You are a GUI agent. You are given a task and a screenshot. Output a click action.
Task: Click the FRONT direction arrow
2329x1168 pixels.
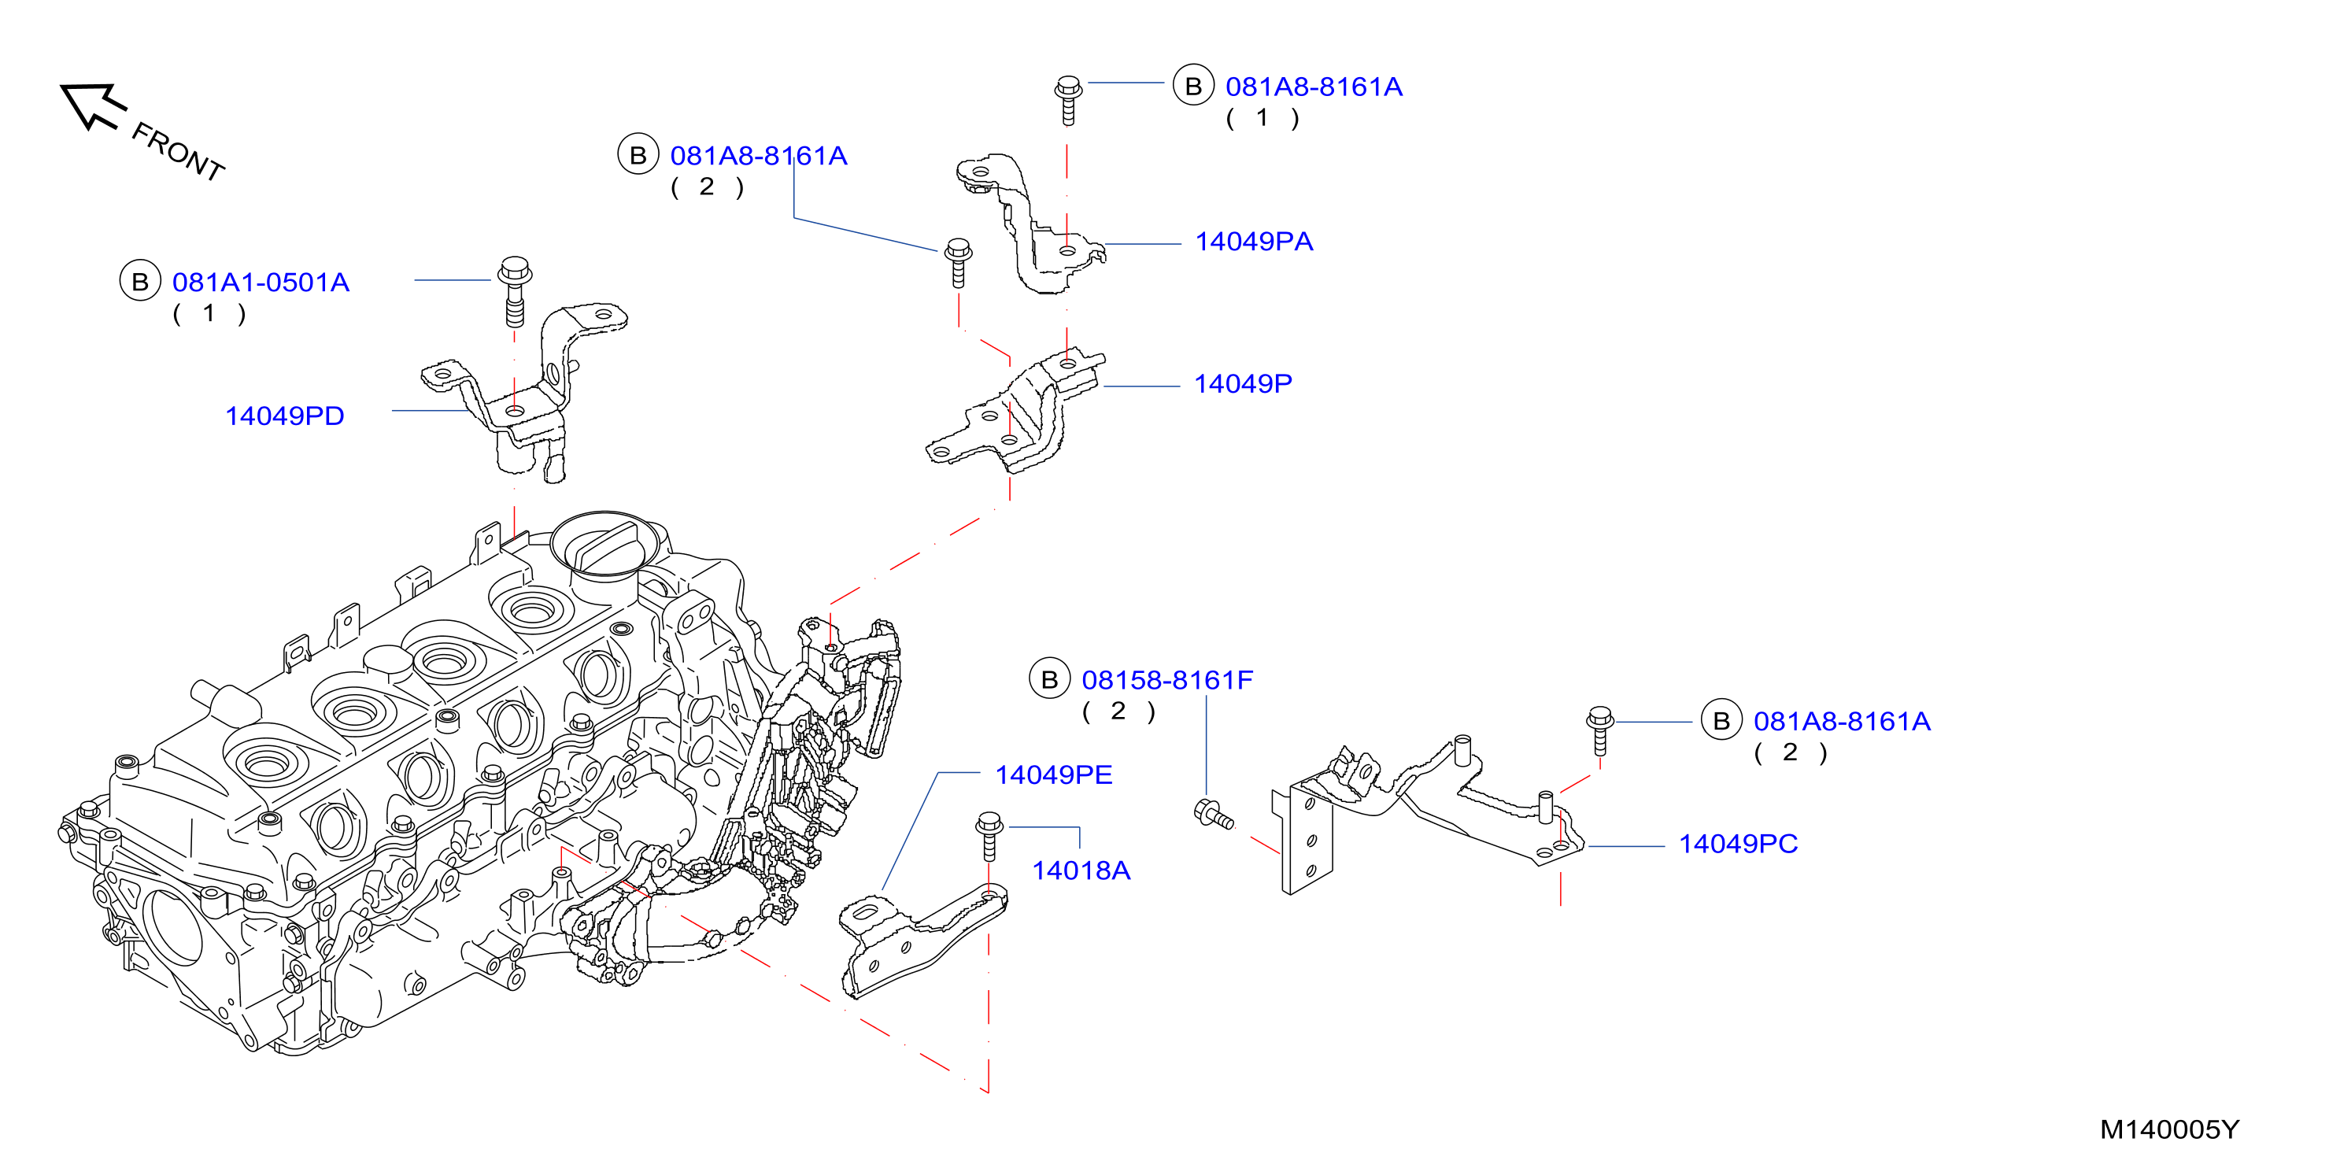click(91, 105)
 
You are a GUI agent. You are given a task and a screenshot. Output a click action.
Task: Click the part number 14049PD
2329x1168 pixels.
click(285, 416)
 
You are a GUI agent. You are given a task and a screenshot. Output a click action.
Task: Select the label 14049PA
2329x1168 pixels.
click(1254, 242)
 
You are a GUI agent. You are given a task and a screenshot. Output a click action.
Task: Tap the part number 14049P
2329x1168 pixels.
click(1243, 383)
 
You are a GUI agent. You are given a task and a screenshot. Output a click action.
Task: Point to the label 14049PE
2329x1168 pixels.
click(1053, 774)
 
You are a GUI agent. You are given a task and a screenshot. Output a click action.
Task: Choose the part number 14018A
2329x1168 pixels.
click(1081, 870)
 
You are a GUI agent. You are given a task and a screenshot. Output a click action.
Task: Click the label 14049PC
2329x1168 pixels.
click(1738, 844)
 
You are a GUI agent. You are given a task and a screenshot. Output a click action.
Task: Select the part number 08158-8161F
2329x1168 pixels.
click(1167, 680)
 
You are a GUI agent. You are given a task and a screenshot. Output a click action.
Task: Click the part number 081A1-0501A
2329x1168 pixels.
click(261, 282)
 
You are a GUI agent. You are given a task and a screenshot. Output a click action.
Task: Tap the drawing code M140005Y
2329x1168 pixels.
click(2170, 1129)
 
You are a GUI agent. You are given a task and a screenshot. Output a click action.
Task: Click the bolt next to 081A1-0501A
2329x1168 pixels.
click(515, 291)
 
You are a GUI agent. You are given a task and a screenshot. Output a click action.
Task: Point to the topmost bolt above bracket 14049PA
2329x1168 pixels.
click(1068, 99)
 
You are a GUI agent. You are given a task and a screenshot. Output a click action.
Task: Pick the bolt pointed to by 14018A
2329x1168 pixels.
click(989, 835)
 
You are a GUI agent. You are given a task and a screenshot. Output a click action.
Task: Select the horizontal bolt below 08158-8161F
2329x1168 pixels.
click(1214, 815)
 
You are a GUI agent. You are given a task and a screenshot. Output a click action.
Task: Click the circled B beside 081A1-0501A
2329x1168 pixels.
click(140, 281)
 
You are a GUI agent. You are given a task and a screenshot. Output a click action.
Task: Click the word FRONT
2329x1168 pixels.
click(178, 152)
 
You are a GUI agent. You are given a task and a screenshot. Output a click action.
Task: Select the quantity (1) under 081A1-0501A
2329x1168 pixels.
click(209, 314)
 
